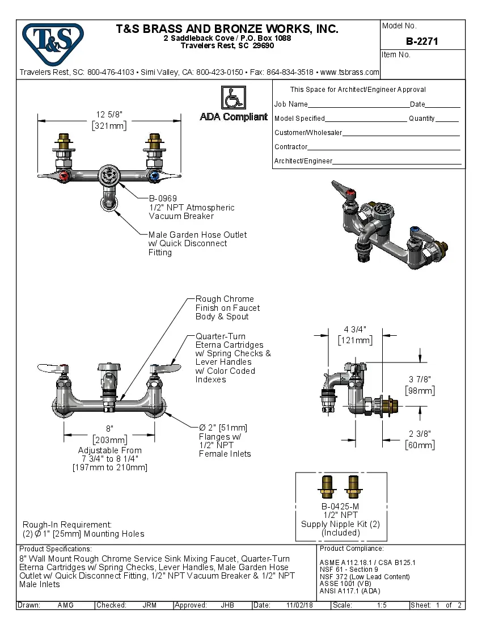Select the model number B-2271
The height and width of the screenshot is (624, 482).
pos(422,41)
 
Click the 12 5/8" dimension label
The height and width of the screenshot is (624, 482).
pos(109,115)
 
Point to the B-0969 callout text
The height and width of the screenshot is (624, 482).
pos(163,199)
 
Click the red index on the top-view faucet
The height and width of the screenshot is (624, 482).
pos(64,176)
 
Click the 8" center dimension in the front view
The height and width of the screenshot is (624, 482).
pos(109,429)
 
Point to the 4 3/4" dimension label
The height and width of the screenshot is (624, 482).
pos(355,330)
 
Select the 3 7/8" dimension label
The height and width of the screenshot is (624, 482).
pos(420,380)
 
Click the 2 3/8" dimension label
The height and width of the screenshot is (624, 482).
pos(420,434)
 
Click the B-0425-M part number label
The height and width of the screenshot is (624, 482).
pos(340,507)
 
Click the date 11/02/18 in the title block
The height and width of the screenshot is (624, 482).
pos(300,605)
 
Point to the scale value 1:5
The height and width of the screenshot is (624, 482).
pos(382,605)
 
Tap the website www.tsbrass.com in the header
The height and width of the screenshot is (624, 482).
pos(349,72)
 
